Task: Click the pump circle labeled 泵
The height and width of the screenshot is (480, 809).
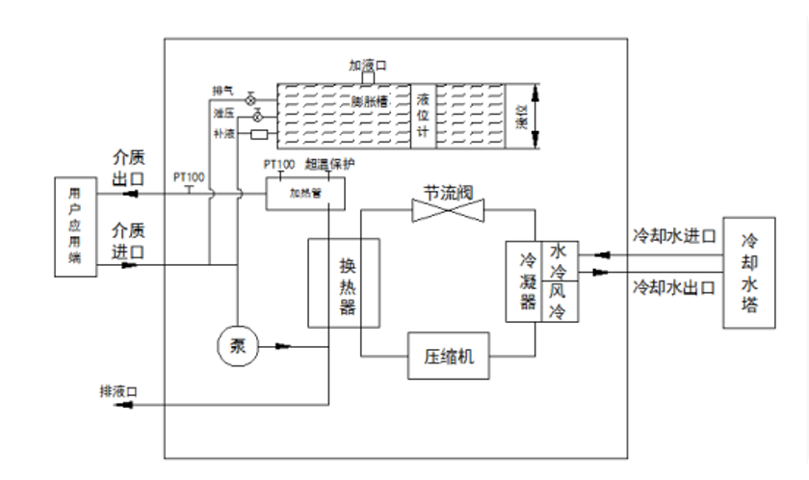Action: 238,344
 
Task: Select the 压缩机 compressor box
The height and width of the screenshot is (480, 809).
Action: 450,357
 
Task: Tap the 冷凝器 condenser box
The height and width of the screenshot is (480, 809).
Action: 527,280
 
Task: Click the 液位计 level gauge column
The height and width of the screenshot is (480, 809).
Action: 422,116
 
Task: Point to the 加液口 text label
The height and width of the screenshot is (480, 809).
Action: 367,66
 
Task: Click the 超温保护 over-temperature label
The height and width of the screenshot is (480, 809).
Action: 329,164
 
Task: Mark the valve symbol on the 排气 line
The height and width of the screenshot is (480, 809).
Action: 250,99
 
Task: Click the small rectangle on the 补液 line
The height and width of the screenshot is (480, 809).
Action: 258,134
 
